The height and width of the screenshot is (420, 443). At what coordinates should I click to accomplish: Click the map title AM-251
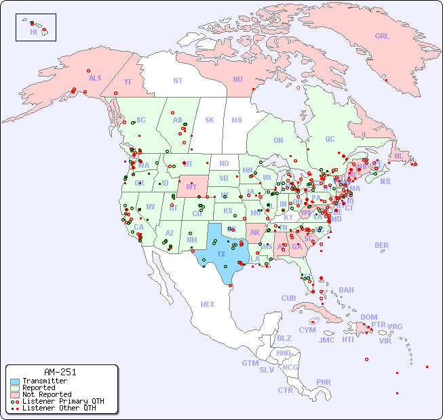pos(60,372)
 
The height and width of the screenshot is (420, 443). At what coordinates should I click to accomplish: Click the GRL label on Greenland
pos(382,36)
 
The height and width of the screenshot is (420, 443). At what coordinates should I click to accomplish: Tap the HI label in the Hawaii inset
pos(33,32)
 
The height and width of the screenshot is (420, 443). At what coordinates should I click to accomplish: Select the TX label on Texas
pos(221,254)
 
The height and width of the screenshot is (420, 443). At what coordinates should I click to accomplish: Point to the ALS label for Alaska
pos(95,78)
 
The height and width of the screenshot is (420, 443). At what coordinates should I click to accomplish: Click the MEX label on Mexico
pos(208,304)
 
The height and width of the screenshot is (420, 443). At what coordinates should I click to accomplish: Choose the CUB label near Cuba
pos(289,298)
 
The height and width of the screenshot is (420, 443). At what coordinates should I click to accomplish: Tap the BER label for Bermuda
pos(382,245)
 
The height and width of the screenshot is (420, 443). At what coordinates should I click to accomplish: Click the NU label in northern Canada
pos(237,79)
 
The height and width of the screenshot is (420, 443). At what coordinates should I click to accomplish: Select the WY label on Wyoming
pos(192,187)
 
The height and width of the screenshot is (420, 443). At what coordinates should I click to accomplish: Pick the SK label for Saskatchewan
pos(210,120)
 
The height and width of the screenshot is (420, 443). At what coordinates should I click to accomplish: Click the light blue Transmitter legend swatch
pos(15,381)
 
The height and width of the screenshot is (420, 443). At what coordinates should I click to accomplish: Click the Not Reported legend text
pos(47,394)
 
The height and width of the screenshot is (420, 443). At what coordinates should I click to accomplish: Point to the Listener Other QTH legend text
pos(59,408)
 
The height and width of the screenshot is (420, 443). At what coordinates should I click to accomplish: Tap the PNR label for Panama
pos(324,382)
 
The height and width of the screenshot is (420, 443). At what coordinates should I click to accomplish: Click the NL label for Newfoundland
pos(398,155)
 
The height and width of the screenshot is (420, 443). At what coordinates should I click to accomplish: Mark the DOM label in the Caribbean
pos(368,317)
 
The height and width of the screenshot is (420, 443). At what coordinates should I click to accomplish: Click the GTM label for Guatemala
pos(250,363)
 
